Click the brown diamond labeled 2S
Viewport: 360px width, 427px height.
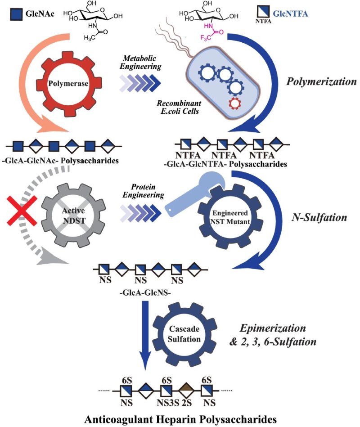185,389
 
